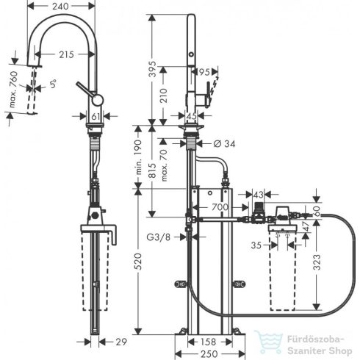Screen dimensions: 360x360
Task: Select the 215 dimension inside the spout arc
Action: tap(68, 54)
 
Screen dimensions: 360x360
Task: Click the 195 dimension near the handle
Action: tap(203, 72)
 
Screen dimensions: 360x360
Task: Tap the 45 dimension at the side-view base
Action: tap(190, 115)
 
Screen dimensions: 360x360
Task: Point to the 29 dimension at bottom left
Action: tap(123, 342)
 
